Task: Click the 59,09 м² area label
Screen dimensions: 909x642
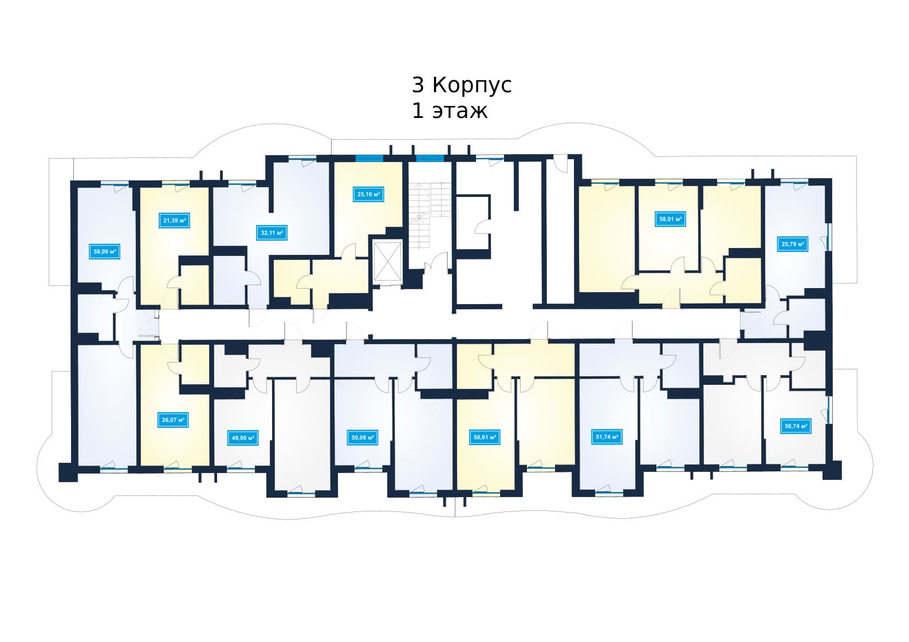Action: [105, 251]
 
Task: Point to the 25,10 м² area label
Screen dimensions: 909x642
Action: [368, 194]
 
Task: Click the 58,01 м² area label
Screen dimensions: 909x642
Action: [670, 219]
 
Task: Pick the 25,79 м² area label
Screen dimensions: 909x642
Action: [793, 245]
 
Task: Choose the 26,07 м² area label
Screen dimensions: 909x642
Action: [174, 420]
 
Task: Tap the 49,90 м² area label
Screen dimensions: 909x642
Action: [243, 438]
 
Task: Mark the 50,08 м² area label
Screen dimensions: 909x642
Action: [363, 438]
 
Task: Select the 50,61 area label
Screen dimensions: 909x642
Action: [485, 438]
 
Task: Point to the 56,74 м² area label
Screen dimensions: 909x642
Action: [796, 426]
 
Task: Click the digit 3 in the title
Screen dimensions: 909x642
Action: [418, 85]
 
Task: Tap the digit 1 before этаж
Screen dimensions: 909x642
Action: [418, 111]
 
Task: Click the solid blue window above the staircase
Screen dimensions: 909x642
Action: [430, 158]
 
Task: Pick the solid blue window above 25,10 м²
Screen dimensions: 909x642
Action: [369, 158]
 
